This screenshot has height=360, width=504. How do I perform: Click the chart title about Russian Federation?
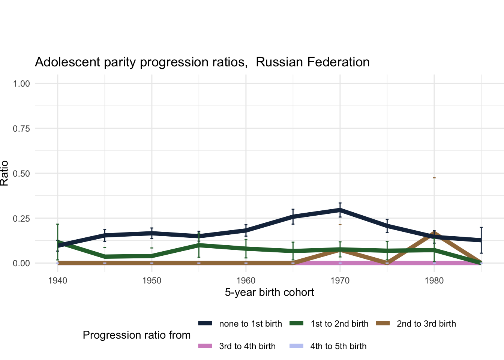(x=202, y=62)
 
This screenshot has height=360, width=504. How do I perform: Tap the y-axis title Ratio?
(x=4, y=173)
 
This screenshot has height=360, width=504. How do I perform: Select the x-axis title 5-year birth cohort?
(x=269, y=292)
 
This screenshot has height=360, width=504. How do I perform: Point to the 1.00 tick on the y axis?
(x=21, y=83)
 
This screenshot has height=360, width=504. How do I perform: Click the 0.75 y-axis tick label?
(x=21, y=128)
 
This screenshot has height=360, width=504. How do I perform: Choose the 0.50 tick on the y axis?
(x=21, y=173)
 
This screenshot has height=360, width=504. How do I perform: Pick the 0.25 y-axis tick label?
(x=21, y=218)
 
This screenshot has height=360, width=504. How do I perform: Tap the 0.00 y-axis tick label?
(x=21, y=263)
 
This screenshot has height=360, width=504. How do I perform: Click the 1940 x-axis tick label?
(x=58, y=280)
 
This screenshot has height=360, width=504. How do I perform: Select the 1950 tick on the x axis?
(x=152, y=280)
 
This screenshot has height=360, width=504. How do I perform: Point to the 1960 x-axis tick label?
(x=246, y=280)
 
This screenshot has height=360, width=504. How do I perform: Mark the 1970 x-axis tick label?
(x=340, y=280)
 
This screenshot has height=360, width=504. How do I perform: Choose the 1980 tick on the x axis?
(x=434, y=280)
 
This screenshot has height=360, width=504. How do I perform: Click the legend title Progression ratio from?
(x=136, y=335)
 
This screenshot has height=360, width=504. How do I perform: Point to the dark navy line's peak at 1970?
(x=340, y=210)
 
